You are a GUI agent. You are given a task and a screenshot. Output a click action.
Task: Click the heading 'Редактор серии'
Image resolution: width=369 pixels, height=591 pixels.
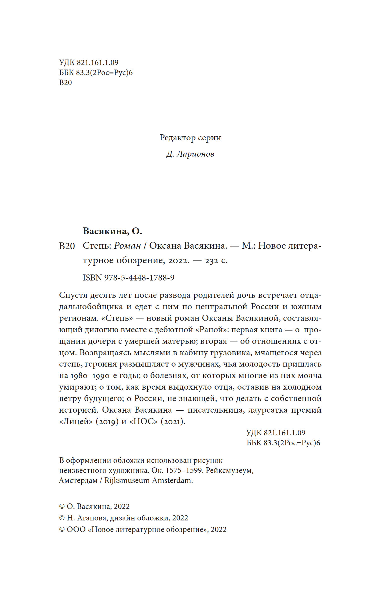point(190,138)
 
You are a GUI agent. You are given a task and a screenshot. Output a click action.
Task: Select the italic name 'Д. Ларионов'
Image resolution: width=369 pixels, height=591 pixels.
point(190,154)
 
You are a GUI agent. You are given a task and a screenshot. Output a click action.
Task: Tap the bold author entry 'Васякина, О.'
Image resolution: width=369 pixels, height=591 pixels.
point(112,231)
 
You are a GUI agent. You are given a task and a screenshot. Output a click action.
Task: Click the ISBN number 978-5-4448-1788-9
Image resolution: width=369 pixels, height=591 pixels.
point(139,278)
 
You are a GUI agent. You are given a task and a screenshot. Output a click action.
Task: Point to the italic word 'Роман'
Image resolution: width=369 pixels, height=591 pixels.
point(127,246)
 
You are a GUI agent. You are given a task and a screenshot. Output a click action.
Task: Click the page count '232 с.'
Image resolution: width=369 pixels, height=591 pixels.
point(216,260)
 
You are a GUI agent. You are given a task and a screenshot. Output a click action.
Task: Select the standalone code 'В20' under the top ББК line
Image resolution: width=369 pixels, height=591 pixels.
point(65,83)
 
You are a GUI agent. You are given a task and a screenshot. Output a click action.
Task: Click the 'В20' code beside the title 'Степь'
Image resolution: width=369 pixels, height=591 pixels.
point(67,246)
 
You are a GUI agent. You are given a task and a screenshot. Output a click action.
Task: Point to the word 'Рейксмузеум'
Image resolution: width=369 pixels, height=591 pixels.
point(229,470)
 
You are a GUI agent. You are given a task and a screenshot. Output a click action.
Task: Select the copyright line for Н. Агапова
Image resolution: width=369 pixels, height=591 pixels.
point(123,518)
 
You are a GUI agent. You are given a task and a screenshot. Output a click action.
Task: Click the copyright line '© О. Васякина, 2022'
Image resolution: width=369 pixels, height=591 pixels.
point(94,506)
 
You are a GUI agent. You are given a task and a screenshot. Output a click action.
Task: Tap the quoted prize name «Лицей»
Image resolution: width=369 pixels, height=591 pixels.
point(76,422)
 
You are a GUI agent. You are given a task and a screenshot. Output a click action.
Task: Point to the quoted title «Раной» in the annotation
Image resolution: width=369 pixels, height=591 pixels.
point(211,330)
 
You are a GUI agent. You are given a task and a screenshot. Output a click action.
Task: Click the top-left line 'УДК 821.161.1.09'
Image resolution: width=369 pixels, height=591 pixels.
point(89,63)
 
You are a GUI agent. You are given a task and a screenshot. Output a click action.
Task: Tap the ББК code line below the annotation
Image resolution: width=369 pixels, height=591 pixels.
point(283,443)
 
